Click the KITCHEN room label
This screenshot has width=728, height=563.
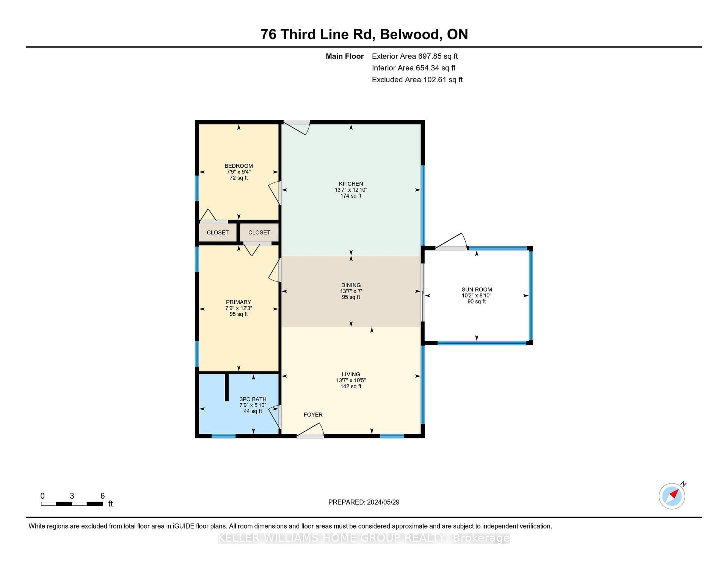[351, 184]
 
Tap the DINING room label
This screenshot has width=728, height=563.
[351, 285]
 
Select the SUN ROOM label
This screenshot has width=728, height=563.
[477, 289]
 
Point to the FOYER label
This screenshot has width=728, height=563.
[313, 415]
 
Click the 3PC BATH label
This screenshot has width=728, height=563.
[253, 399]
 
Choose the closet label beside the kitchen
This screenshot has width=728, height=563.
[259, 233]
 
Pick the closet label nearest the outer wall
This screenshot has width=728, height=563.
[218, 233]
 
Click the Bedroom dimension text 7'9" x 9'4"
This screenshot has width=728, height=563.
[238, 172]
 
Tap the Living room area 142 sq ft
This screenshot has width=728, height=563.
[351, 386]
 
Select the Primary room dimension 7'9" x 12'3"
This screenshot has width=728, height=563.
[238, 308]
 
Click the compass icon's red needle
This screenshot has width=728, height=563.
[674, 494]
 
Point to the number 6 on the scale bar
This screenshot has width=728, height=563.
[102, 496]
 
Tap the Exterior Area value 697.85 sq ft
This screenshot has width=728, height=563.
[438, 56]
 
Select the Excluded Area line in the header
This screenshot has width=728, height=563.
[417, 80]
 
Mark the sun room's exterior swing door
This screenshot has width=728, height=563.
[451, 242]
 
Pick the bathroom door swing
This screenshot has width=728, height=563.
[275, 417]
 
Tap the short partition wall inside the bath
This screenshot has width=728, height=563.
[227, 387]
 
